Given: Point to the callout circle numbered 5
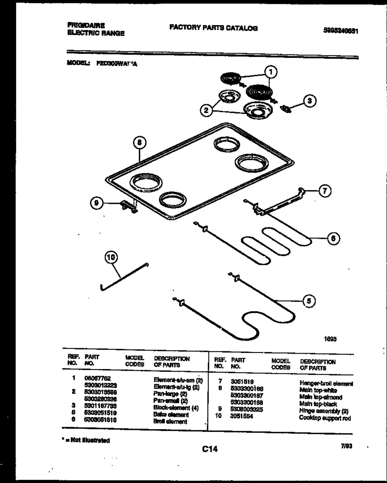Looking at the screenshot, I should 308,301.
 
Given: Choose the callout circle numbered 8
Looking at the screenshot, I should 140,143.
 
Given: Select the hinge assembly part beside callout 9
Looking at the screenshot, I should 128,207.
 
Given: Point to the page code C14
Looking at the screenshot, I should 210,449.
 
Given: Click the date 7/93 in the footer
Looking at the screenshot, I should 346,446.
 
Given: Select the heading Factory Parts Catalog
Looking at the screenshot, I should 213,28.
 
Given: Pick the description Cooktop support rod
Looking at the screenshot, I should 325,418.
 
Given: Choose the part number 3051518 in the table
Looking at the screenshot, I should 242,381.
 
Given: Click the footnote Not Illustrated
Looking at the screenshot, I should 87,440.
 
